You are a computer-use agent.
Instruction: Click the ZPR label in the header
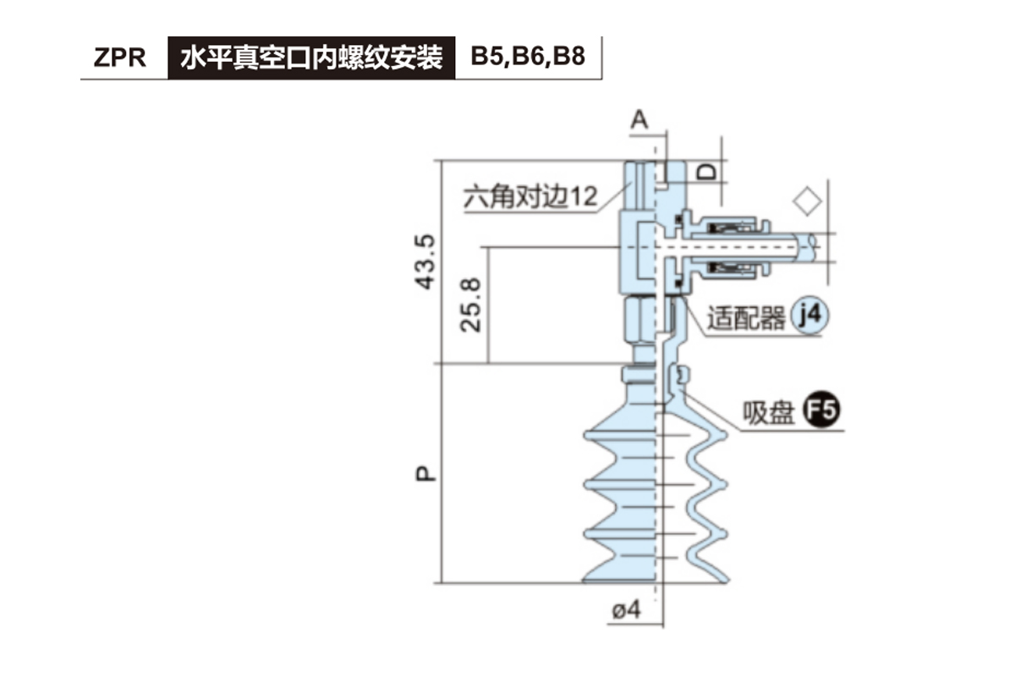[x=120, y=58]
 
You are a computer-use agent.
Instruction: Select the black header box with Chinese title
[x=311, y=58]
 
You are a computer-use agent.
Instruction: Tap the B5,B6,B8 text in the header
[x=528, y=58]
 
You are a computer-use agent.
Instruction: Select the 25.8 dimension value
[x=474, y=305]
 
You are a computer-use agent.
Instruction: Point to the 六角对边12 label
[x=530, y=197]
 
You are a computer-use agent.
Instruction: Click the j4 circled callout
[x=809, y=316]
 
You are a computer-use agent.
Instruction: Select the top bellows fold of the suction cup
[x=622, y=433]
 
